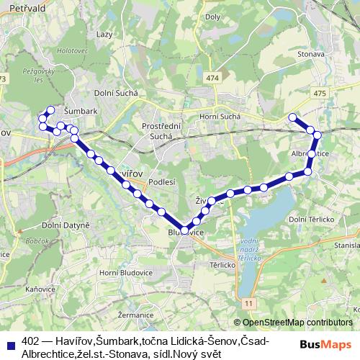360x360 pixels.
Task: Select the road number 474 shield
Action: coord(210,78)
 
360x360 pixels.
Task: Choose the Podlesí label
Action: coord(163,182)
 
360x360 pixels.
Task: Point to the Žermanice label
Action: coord(136,315)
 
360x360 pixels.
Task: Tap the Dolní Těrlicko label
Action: coord(308,219)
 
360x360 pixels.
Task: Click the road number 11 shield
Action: coord(248,305)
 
